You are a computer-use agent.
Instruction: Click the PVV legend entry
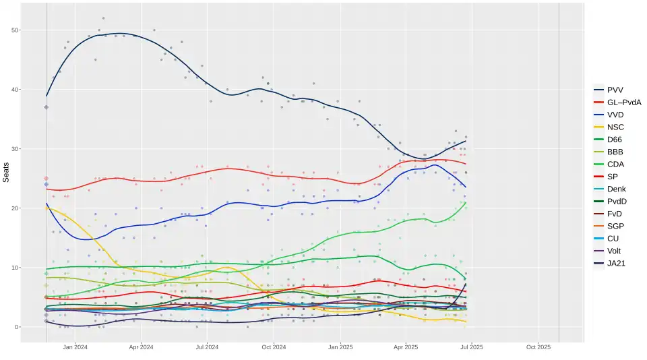[x=615, y=90]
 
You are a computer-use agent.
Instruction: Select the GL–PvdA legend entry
[x=623, y=102]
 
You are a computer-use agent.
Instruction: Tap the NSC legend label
[x=616, y=127]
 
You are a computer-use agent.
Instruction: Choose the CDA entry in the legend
[x=616, y=164]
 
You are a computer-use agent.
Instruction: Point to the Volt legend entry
[x=615, y=251]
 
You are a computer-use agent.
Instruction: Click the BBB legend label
[x=615, y=152]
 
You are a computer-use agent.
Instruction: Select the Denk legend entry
[x=617, y=189]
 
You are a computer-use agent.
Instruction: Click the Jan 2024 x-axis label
[x=75, y=348]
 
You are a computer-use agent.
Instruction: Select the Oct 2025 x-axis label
[x=538, y=348]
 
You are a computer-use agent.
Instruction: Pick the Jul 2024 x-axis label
[x=207, y=348]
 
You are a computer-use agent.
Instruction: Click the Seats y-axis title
[x=6, y=173]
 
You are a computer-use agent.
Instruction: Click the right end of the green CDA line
[x=466, y=202]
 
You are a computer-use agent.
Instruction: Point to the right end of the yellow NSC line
[x=466, y=322]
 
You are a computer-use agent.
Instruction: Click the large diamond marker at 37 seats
[x=46, y=107]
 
